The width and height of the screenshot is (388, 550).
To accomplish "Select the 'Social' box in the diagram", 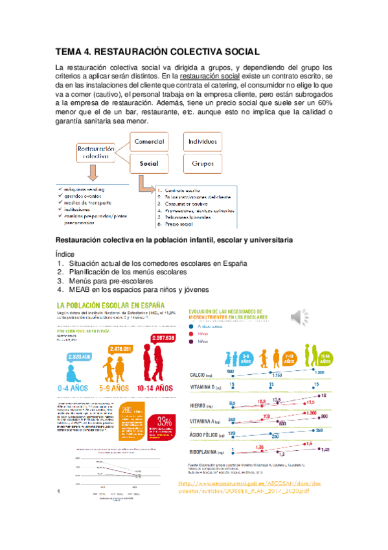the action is tap(149, 164).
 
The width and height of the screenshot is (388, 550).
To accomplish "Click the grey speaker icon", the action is tap(298, 315).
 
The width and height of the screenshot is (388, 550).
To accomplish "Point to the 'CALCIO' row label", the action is tap(198, 375).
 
